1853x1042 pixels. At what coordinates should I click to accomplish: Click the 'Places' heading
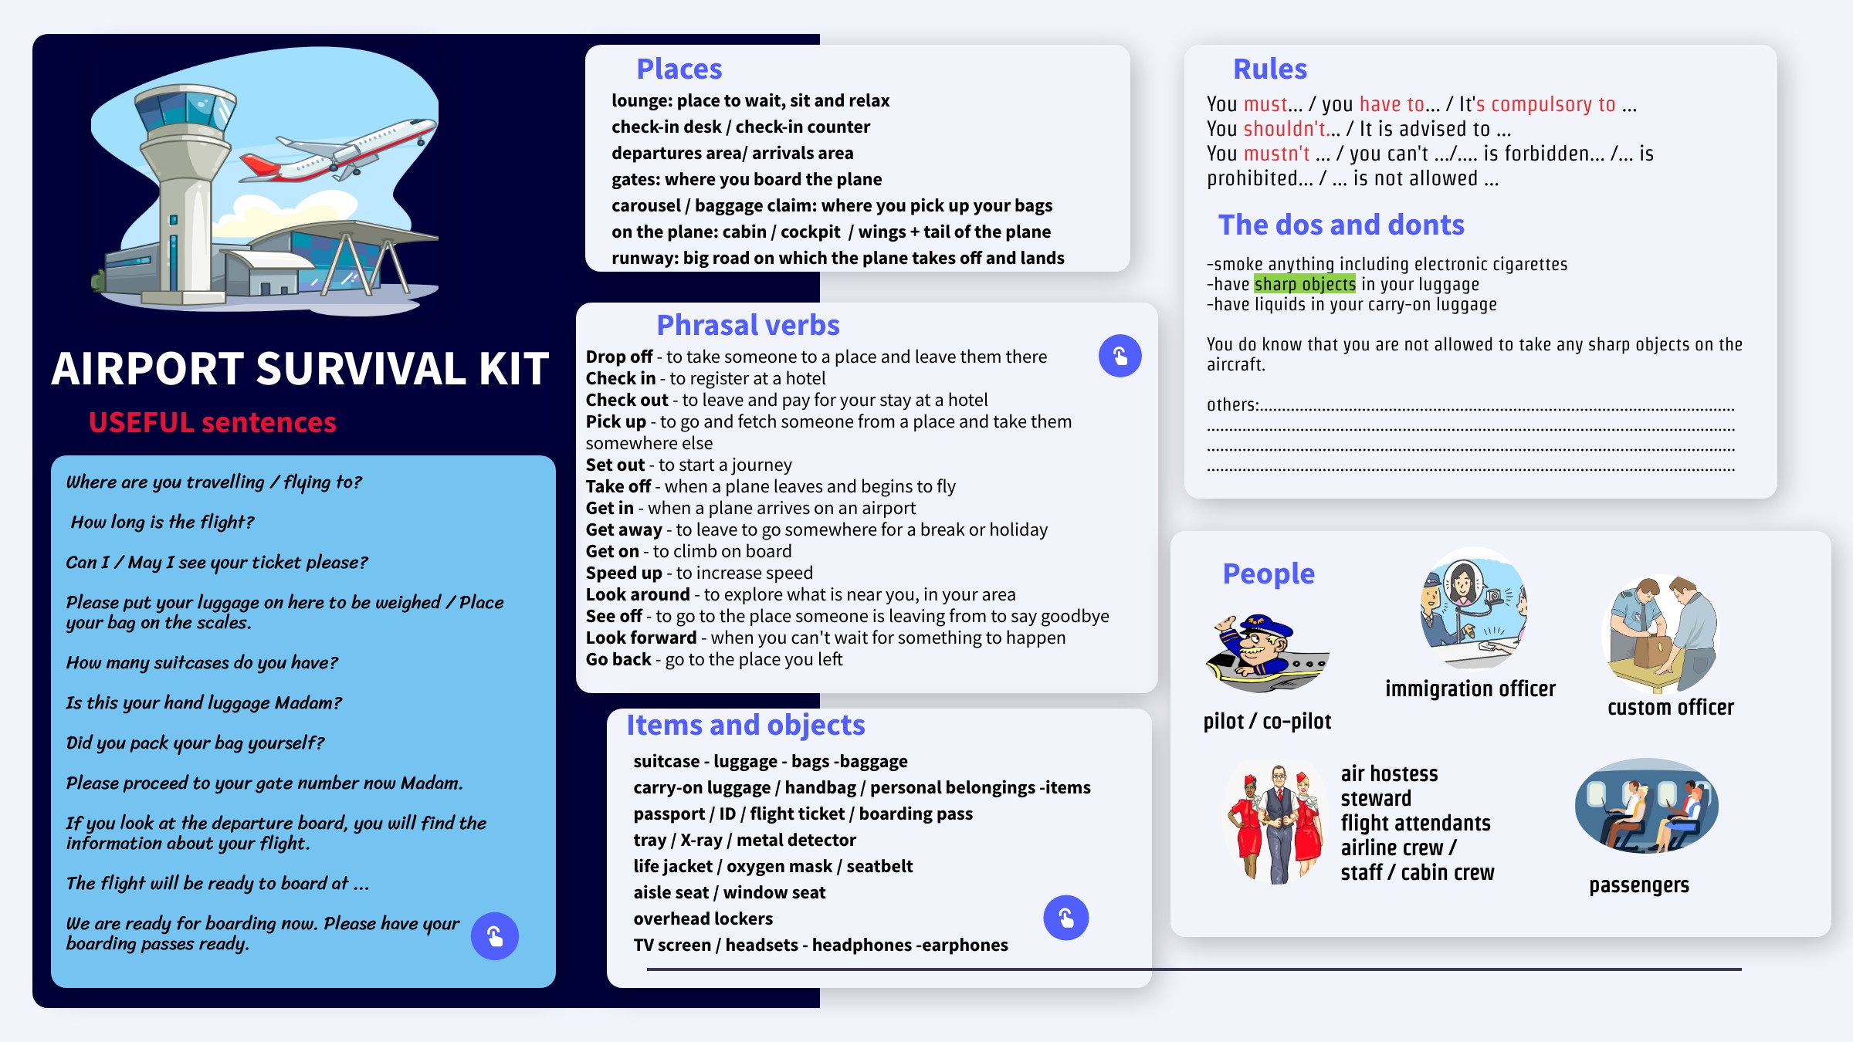coord(679,69)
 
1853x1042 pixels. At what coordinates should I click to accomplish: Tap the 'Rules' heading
coord(1269,69)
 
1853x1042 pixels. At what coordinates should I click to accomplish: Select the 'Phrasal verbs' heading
coord(747,326)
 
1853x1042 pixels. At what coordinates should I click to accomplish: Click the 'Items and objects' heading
coord(745,726)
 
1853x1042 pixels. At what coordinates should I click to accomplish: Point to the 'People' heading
coord(1268,574)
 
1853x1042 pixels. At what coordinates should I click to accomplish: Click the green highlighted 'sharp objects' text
coord(1304,285)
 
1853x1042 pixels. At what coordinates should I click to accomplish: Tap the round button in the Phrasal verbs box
coord(1120,356)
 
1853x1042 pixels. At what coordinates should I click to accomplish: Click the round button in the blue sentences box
coord(495,936)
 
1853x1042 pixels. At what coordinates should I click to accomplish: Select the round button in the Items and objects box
coord(1065,918)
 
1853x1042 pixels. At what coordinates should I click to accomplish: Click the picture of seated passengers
coord(1646,807)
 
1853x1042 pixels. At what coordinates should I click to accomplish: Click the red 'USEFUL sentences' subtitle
coord(212,423)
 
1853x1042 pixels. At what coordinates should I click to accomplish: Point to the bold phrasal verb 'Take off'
coord(618,487)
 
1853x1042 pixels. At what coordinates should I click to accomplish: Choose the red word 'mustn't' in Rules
coord(1276,154)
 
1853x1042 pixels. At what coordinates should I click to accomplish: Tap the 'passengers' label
coord(1638,885)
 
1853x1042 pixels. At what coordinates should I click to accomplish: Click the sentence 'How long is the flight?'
coord(162,523)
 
